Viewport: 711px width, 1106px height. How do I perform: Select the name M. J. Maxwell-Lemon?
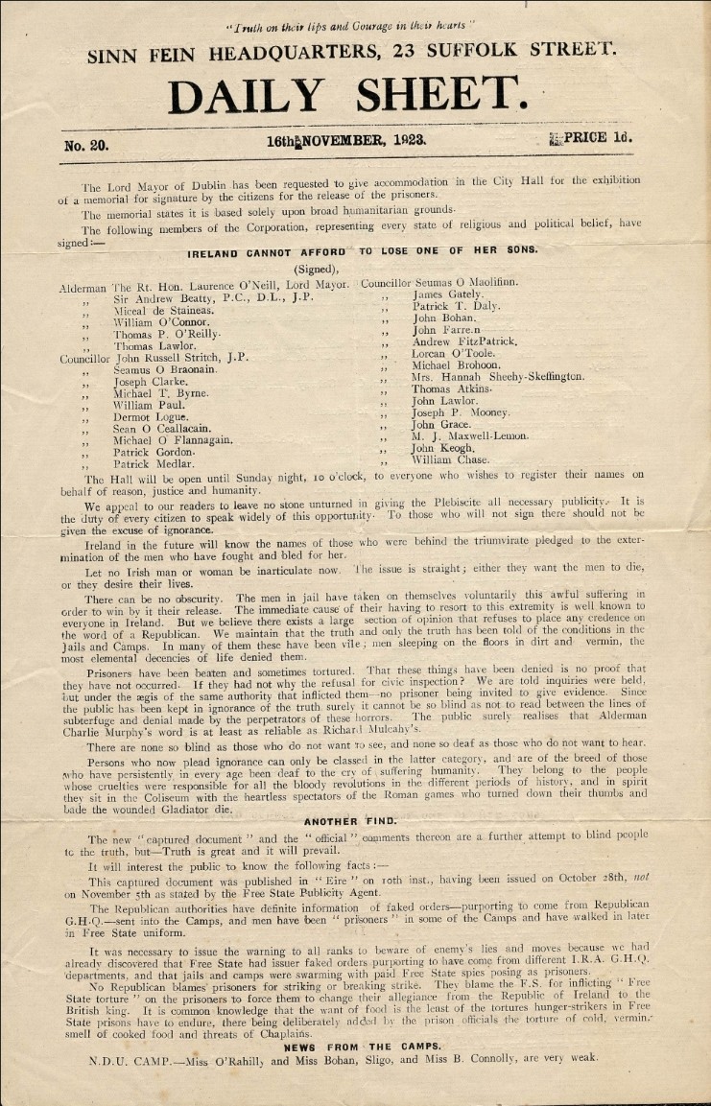[x=470, y=435]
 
